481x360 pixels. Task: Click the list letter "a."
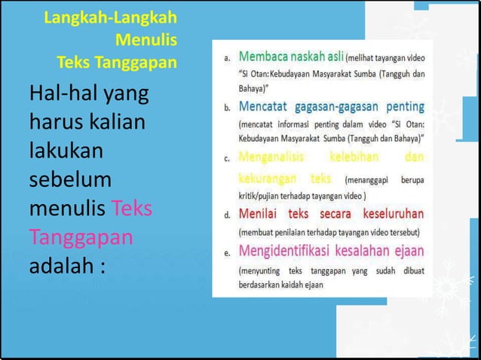point(227,57)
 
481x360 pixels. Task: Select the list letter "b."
point(227,108)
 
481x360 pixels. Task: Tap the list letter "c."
point(227,160)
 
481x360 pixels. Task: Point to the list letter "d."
point(227,215)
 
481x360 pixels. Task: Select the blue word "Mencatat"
point(265,107)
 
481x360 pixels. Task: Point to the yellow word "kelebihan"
point(355,158)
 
